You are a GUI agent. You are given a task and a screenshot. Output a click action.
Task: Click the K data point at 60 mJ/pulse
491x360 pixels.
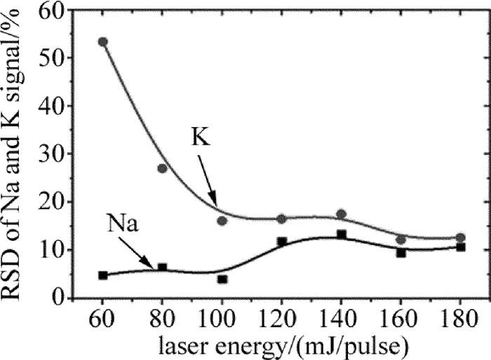(x=103, y=42)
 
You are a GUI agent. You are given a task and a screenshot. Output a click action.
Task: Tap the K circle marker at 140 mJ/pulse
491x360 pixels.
(x=341, y=214)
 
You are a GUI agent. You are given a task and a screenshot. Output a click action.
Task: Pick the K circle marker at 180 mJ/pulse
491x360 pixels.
(x=460, y=238)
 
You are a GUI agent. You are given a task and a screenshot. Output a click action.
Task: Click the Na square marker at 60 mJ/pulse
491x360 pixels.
(x=103, y=275)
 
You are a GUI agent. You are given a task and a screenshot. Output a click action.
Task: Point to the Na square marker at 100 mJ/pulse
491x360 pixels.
(x=222, y=279)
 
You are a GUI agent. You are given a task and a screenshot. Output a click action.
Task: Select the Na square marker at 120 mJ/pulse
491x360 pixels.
(x=282, y=242)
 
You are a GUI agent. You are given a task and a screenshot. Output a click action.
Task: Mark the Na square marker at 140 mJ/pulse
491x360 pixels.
(x=342, y=234)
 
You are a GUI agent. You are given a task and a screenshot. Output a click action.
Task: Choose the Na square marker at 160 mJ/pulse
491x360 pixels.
(x=401, y=253)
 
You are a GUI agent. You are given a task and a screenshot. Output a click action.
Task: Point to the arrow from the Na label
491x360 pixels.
(x=144, y=254)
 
